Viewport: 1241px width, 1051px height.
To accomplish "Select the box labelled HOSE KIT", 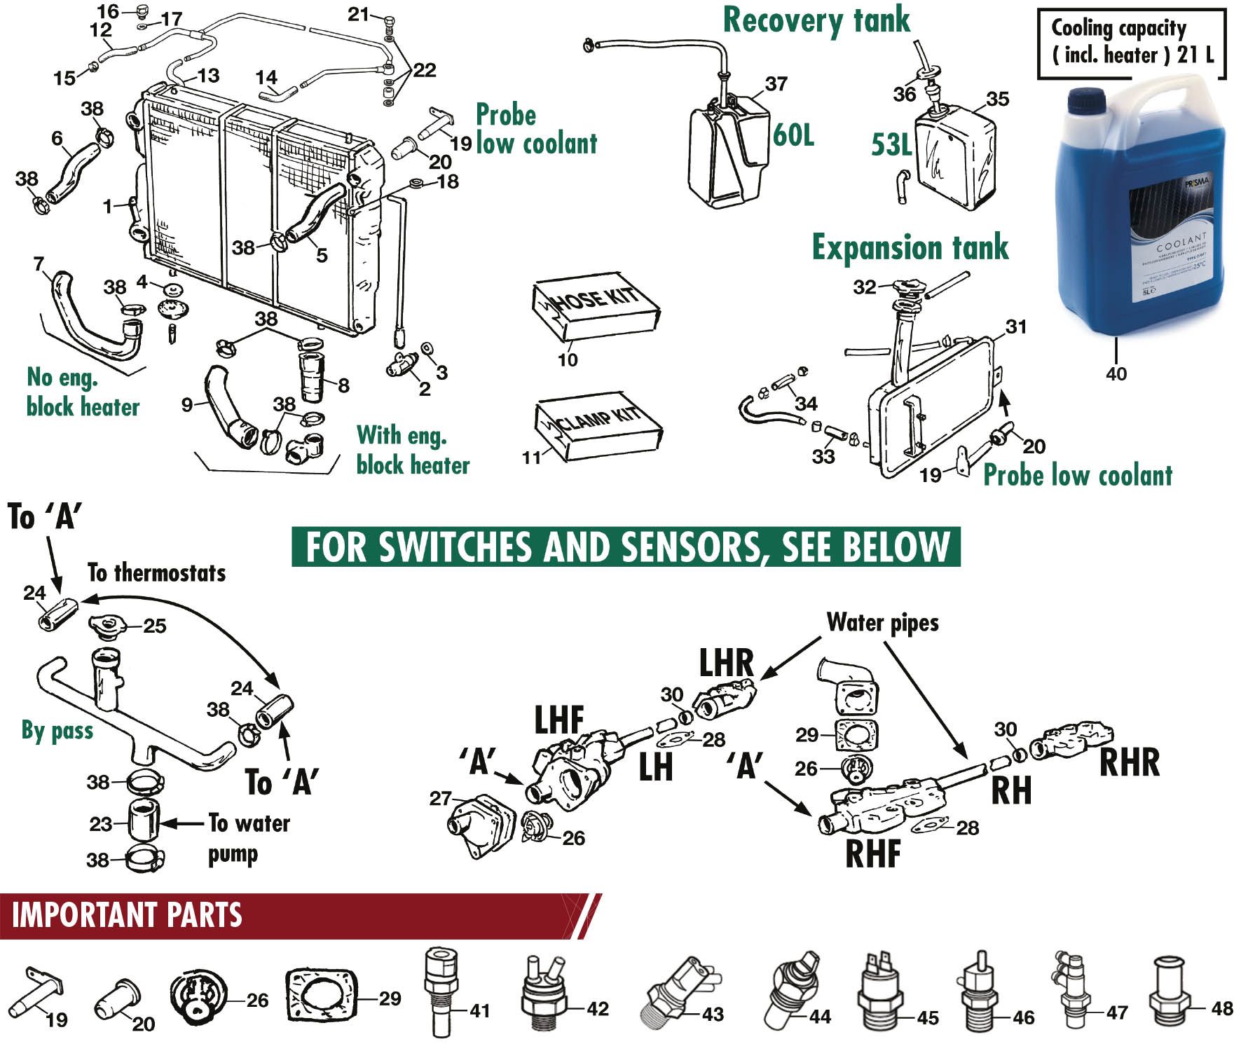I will (596, 309).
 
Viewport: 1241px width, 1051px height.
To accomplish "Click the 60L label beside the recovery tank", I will (793, 135).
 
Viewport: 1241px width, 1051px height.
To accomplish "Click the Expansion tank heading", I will (910, 247).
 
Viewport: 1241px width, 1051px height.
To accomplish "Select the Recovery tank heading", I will (816, 20).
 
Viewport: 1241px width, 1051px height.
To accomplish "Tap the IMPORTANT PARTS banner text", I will (127, 915).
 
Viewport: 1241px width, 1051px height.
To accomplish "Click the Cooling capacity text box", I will (1131, 41).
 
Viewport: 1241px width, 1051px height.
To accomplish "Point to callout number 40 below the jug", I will (1116, 374).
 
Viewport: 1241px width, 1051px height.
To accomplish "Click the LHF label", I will (559, 720).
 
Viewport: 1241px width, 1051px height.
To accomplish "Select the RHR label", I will (1129, 762).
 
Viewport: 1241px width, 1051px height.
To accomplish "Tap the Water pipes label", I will (882, 622).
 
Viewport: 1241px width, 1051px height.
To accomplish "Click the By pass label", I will (57, 731).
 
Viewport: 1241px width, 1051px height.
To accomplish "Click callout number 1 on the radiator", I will (107, 206).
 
